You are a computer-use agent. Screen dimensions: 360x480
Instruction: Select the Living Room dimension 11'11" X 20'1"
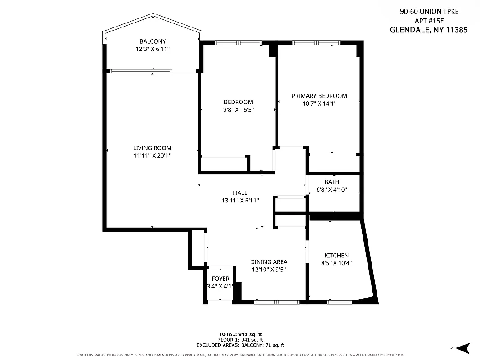click(x=152, y=156)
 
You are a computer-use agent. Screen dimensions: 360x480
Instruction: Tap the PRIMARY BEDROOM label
click(x=319, y=96)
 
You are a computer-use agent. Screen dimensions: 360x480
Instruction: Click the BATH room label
click(x=332, y=182)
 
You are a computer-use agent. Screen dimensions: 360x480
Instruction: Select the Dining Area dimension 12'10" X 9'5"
click(x=269, y=270)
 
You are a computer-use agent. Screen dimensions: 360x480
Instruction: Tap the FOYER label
click(x=220, y=279)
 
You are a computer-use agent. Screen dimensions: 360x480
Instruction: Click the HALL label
click(x=240, y=193)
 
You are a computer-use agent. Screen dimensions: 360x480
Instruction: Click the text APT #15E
click(x=429, y=21)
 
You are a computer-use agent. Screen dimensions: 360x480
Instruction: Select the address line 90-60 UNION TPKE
click(x=429, y=12)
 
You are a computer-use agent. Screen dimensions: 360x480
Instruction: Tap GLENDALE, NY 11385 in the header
click(x=428, y=31)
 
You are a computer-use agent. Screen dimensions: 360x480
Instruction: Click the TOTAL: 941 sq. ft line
click(x=240, y=334)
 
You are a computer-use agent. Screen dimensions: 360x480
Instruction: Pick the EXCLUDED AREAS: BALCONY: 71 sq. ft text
click(x=240, y=345)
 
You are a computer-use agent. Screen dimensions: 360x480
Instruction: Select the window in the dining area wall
click(x=276, y=302)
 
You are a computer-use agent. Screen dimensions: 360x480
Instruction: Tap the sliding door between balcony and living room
click(x=141, y=71)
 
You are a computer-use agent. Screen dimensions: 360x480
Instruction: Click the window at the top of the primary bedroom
click(x=316, y=43)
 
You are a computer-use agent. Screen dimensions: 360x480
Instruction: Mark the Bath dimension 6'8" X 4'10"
click(x=332, y=189)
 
